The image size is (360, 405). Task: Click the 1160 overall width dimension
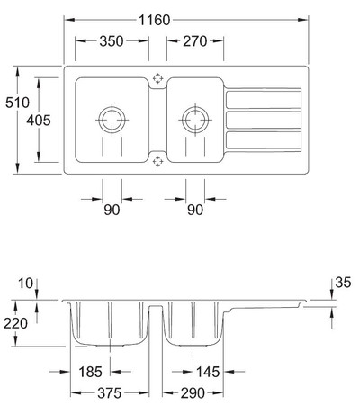(155, 20)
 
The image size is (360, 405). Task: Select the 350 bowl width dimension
(112, 41)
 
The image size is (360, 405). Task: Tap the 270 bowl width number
(195, 41)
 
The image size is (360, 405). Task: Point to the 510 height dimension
(17, 103)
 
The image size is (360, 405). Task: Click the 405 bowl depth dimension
(39, 121)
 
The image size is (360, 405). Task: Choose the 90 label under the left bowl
(112, 210)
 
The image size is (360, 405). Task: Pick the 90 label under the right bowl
(195, 210)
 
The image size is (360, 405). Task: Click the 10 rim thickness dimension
(25, 283)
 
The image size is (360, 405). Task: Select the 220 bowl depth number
(15, 323)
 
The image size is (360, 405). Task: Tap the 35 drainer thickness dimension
(343, 283)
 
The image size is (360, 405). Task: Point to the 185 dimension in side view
(90, 372)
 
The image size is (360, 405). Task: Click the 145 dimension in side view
(208, 372)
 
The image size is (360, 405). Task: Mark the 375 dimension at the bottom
(110, 392)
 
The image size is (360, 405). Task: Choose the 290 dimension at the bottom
(193, 392)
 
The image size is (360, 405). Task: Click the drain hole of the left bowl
(112, 120)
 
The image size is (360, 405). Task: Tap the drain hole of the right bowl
(195, 120)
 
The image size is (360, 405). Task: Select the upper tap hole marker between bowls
(157, 78)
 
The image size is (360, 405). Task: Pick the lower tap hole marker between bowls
(157, 161)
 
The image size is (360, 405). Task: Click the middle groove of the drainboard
(264, 120)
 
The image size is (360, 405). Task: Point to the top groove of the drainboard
(264, 100)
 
